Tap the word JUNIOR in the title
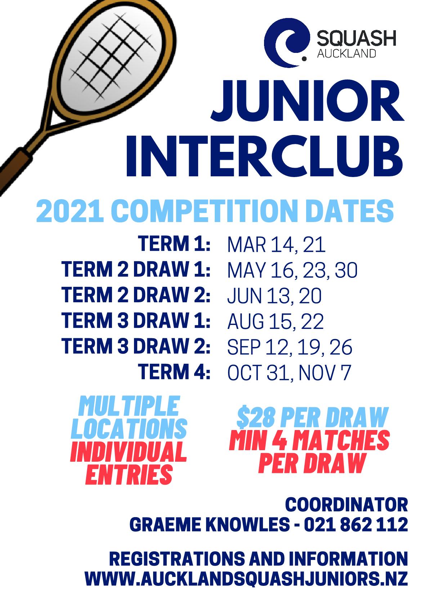(307, 101)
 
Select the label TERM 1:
(174, 244)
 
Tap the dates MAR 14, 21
(276, 245)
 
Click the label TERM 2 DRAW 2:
(136, 295)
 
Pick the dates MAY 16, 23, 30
(292, 270)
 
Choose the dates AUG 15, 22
(276, 322)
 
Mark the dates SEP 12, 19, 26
(290, 347)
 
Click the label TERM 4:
(174, 371)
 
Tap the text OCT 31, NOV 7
(289, 372)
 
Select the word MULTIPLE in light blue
(129, 406)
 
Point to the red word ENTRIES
(129, 474)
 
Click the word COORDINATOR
(347, 505)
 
